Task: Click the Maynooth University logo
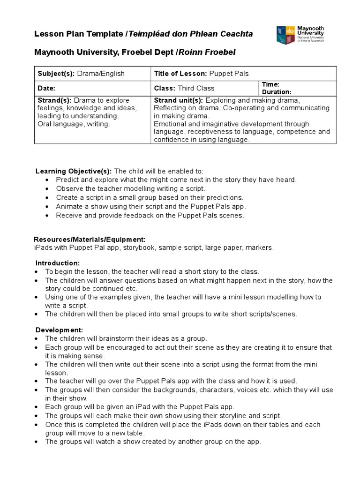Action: [300, 35]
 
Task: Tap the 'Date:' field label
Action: [46, 88]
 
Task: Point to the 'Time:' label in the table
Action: [270, 84]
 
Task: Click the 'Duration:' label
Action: [277, 92]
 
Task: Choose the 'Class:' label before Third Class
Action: [165, 88]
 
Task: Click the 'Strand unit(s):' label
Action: [178, 100]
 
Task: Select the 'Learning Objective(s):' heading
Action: [74, 171]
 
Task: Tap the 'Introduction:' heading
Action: [58, 263]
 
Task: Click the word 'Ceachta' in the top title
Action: [235, 34]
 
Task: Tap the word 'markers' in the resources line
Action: [260, 247]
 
